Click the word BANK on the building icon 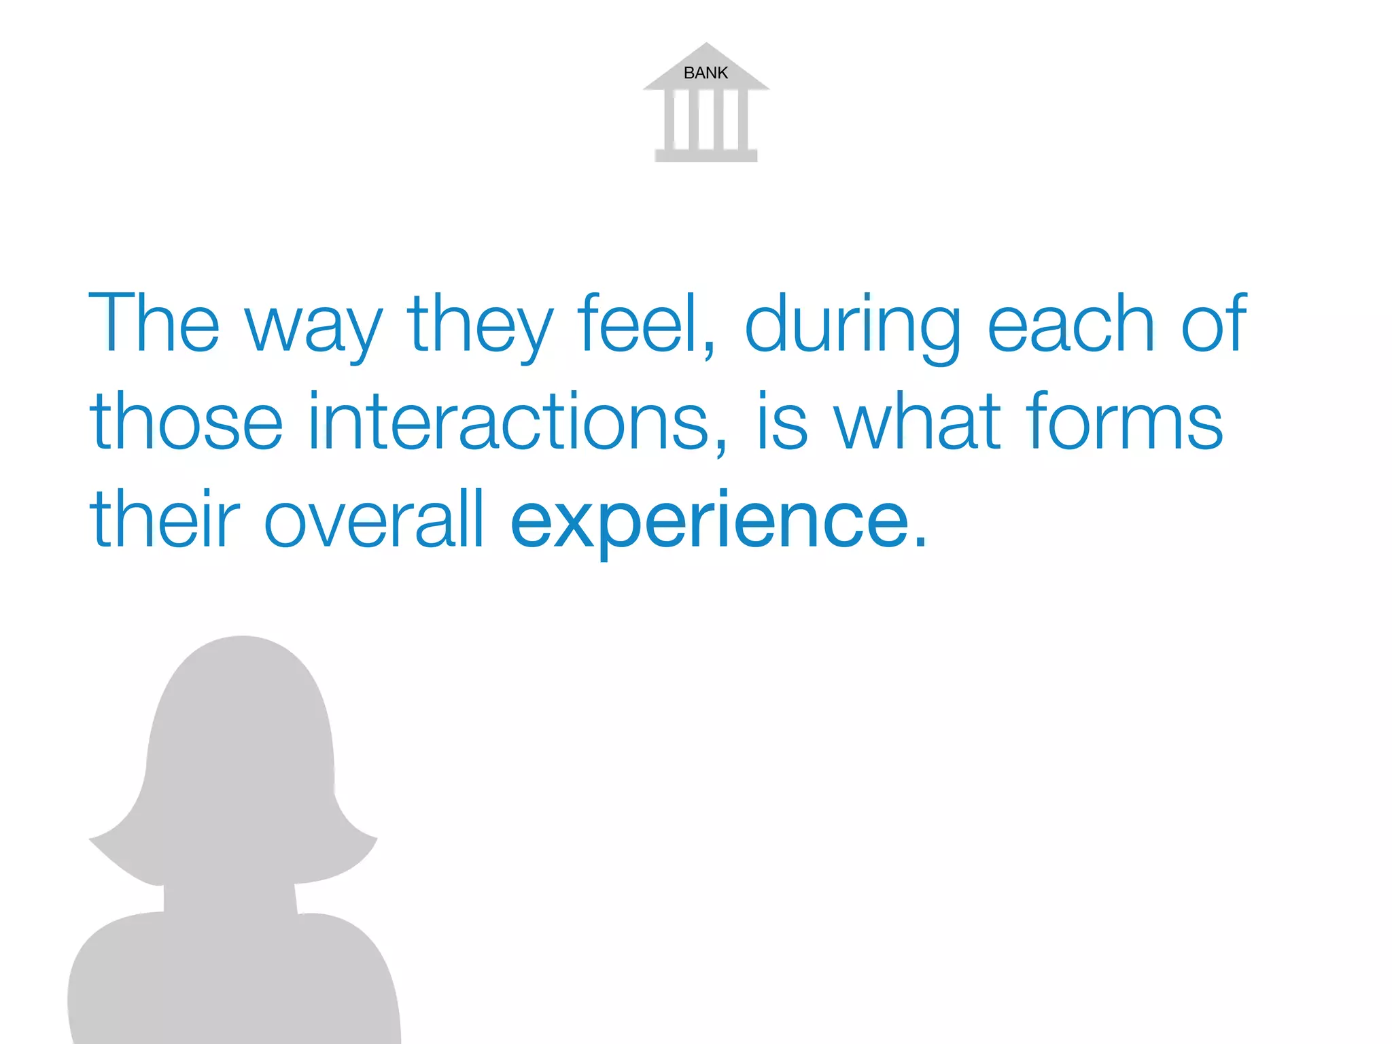click(706, 73)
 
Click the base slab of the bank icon click(706, 156)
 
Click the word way click(313, 326)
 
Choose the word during click(853, 326)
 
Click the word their click(165, 519)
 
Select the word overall click(374, 519)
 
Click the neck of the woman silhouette click(230, 897)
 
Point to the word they click(481, 326)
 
